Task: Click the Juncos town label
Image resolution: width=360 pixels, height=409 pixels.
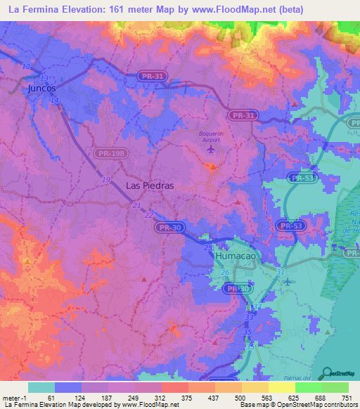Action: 41,89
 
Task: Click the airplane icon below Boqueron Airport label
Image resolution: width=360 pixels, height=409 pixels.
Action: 213,148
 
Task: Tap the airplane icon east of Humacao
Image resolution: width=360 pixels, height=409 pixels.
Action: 288,282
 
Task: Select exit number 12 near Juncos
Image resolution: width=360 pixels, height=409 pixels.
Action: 27,66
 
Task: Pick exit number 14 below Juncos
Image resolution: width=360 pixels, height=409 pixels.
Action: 55,100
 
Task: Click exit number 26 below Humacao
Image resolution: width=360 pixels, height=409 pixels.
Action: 225,272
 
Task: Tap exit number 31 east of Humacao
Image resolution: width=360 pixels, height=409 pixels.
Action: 281,271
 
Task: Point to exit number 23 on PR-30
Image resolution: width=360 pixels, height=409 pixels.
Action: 208,247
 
